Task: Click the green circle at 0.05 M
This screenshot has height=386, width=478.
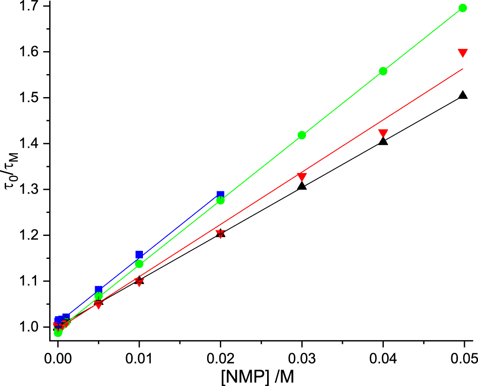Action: (463, 8)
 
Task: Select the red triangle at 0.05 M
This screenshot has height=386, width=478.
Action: (463, 53)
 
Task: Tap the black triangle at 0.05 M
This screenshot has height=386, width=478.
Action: (463, 95)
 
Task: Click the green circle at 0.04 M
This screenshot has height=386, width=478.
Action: (383, 71)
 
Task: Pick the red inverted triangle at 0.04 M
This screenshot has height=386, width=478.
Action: (383, 133)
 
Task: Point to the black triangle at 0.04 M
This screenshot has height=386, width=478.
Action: (383, 141)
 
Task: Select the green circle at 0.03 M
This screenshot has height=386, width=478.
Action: (302, 135)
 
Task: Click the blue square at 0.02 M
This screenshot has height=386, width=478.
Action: (220, 195)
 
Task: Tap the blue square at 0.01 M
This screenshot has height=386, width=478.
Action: (139, 255)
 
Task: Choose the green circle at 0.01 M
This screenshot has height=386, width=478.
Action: (139, 264)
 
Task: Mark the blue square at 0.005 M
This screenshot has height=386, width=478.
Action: (98, 290)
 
